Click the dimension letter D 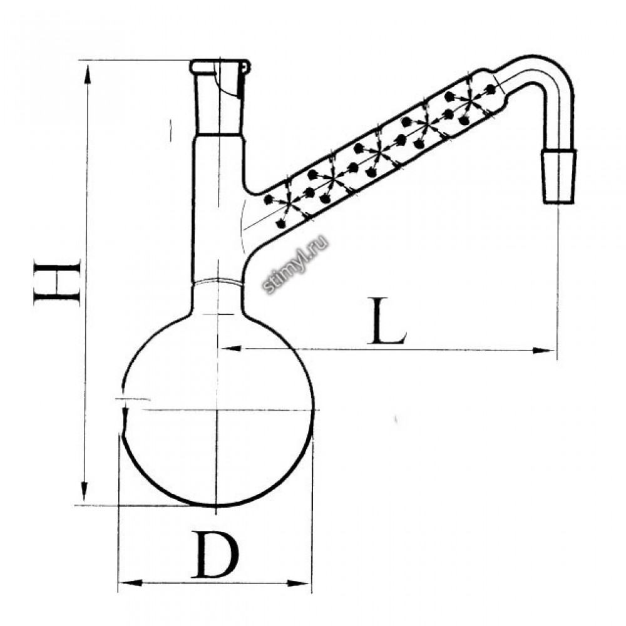click(215, 554)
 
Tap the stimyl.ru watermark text click(296, 264)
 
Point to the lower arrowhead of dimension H click(85, 491)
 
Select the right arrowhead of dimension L click(545, 351)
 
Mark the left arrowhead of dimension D click(130, 583)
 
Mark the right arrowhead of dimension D click(299, 583)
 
